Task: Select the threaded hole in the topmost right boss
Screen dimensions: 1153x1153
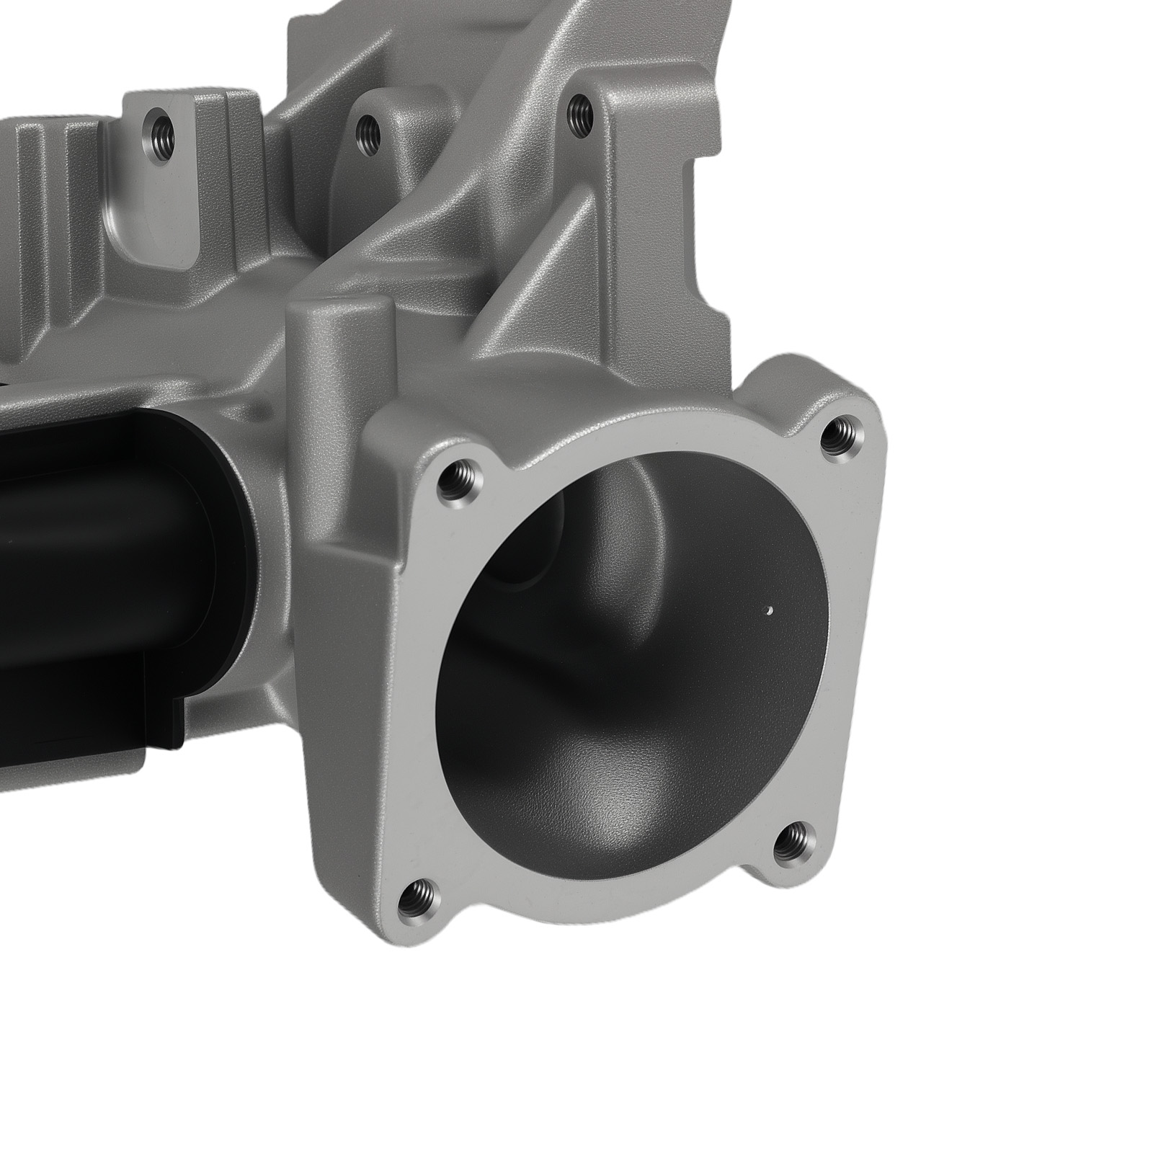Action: point(579,111)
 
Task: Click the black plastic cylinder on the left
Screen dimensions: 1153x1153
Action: point(108,519)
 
